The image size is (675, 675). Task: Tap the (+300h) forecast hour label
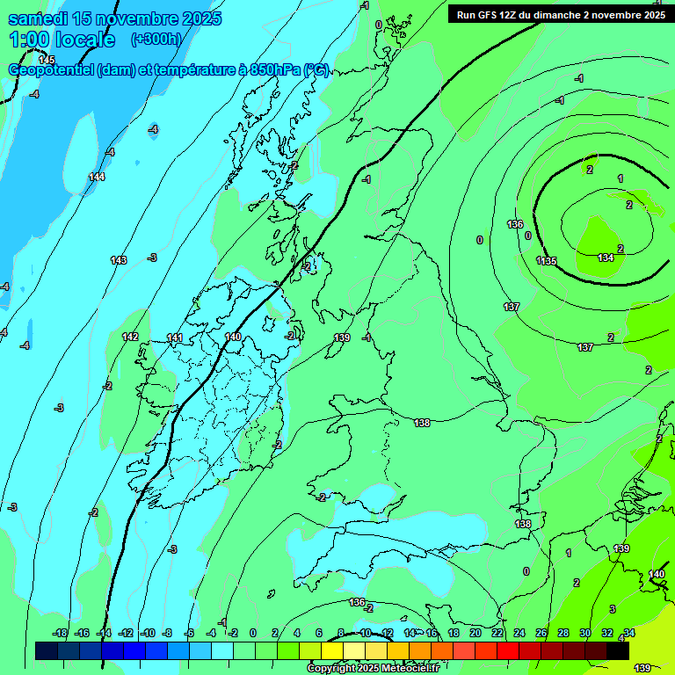pyautogui.click(x=156, y=39)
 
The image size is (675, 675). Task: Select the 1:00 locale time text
pyautogui.click(x=62, y=40)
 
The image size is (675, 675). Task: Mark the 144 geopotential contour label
pyautogui.click(x=97, y=177)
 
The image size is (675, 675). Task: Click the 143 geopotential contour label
pyautogui.click(x=119, y=260)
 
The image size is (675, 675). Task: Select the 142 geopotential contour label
pyautogui.click(x=130, y=337)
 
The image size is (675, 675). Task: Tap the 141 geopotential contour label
pyautogui.click(x=175, y=337)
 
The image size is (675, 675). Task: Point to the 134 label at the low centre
pyautogui.click(x=606, y=258)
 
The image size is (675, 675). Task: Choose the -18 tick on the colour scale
pyautogui.click(x=60, y=633)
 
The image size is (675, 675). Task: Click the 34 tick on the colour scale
pyautogui.click(x=629, y=633)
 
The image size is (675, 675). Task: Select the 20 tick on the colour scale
pyautogui.click(x=475, y=633)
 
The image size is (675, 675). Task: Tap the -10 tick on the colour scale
pyautogui.click(x=148, y=633)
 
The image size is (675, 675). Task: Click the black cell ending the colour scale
pyautogui.click(x=618, y=650)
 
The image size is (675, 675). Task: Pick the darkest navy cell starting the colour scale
pyautogui.click(x=47, y=650)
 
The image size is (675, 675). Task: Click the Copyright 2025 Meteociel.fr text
pyautogui.click(x=372, y=668)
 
